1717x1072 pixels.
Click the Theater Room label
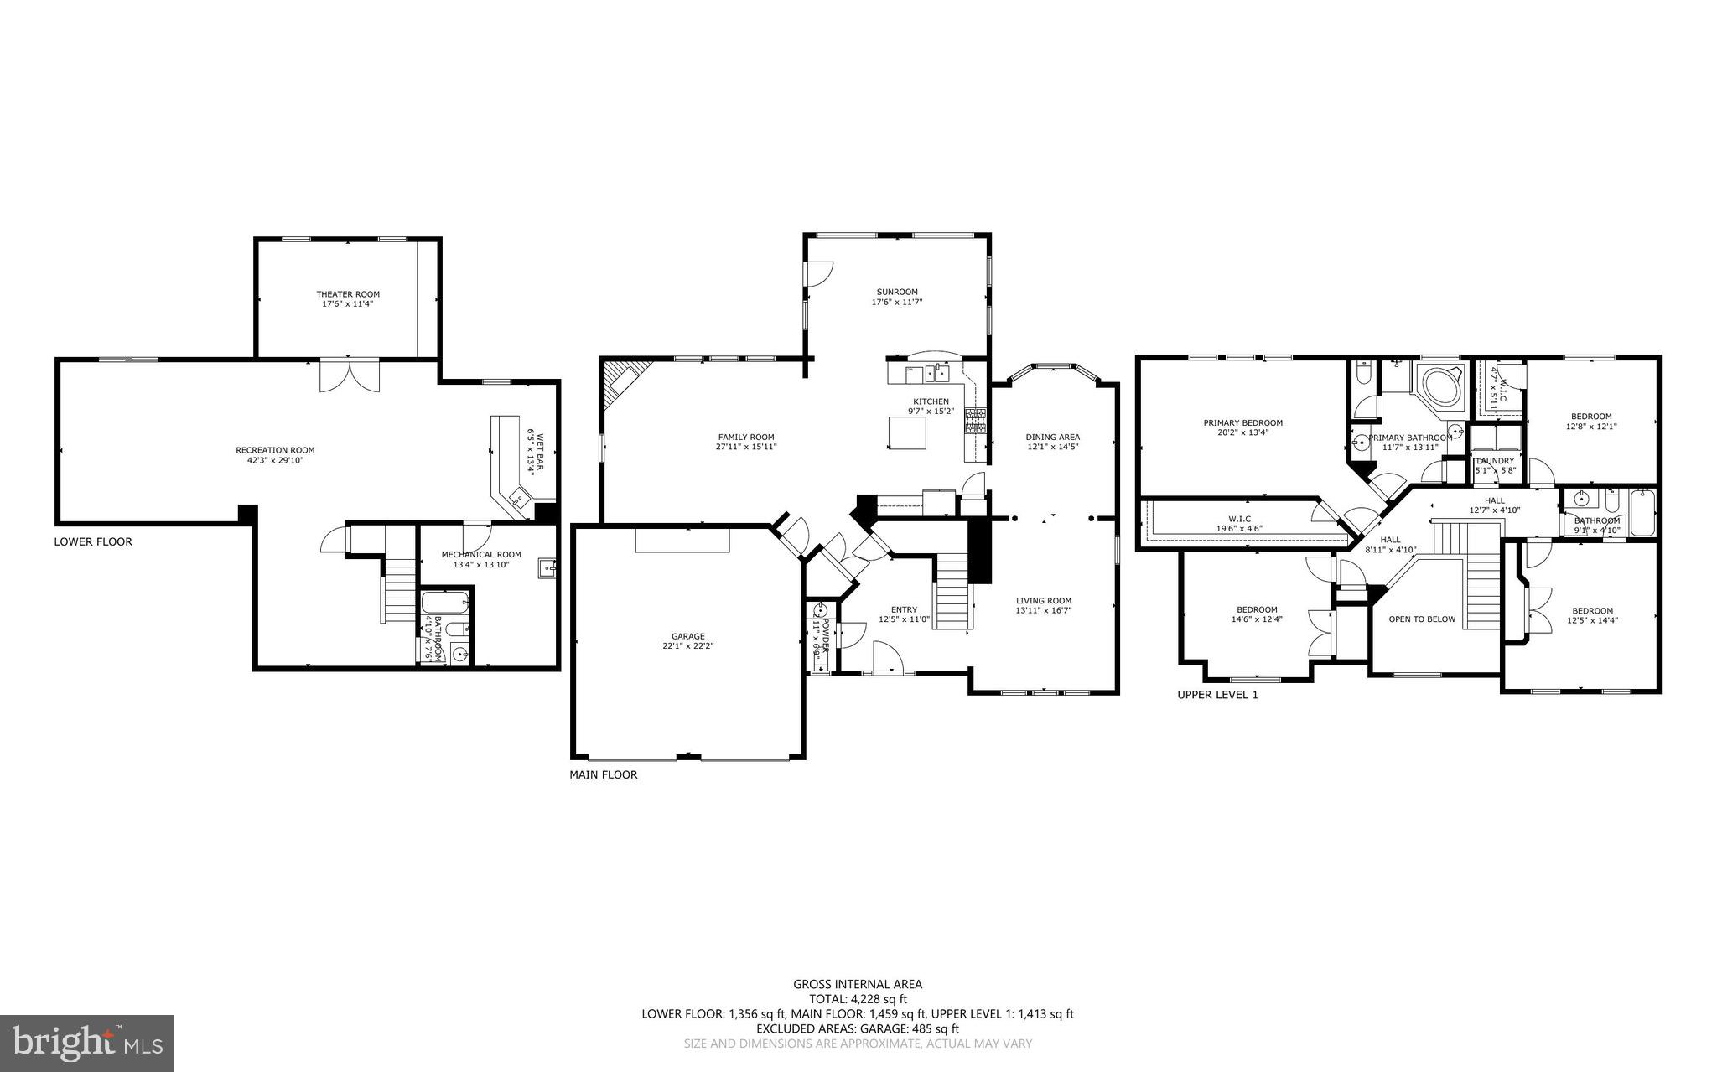click(x=347, y=294)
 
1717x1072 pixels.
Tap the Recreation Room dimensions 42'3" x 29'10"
click(x=275, y=460)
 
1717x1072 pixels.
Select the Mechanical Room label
click(x=481, y=554)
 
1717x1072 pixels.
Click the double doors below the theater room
click(x=350, y=375)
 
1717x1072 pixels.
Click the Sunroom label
click(x=897, y=292)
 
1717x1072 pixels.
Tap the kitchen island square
click(x=908, y=433)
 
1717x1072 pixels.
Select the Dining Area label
click(x=1052, y=437)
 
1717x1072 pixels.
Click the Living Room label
click(x=1043, y=600)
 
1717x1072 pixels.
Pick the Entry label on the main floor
click(x=904, y=609)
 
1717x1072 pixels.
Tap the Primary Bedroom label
click(x=1242, y=422)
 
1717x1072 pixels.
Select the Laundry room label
click(x=1495, y=461)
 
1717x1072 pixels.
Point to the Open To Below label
click(x=1422, y=619)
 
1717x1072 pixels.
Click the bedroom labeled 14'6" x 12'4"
click(x=1256, y=614)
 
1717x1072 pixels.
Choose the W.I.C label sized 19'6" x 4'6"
click(x=1239, y=519)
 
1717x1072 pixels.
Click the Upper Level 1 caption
click(x=1217, y=695)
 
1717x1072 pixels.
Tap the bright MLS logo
click(x=87, y=1043)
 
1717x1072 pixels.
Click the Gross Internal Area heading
click(x=858, y=984)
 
